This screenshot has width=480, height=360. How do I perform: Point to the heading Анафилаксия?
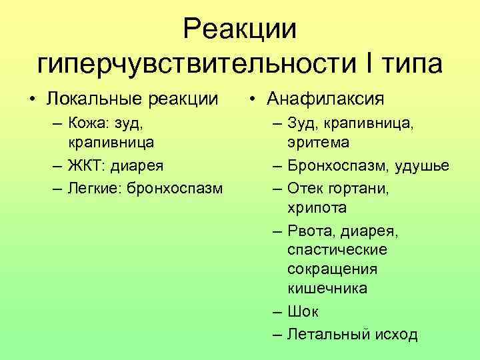pyautogui.click(x=325, y=99)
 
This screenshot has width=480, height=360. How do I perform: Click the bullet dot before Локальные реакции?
pyautogui.click(x=32, y=100)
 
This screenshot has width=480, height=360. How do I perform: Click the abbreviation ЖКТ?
pyautogui.click(x=83, y=165)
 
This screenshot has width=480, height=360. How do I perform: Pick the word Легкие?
pyautogui.click(x=93, y=186)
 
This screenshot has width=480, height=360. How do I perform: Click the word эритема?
pyautogui.click(x=319, y=143)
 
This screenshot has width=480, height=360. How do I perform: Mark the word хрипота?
pyautogui.click(x=317, y=207)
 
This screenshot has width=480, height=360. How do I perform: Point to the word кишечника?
pyautogui.click(x=327, y=289)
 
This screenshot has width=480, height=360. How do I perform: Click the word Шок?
pyautogui.click(x=303, y=311)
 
